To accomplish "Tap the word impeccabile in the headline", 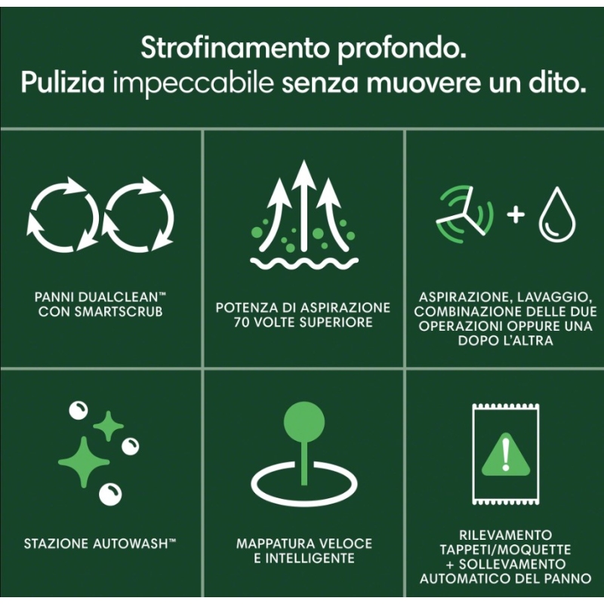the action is point(193,84).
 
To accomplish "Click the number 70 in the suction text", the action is point(241,322).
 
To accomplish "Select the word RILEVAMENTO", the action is point(505,535).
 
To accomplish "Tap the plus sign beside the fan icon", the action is point(516,214).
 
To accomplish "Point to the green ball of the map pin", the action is point(304,422).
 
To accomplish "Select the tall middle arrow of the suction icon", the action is point(304,204).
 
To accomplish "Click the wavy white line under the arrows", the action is point(304,263).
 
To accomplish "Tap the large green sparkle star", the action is point(84,462).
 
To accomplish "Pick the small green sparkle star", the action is point(109,426).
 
